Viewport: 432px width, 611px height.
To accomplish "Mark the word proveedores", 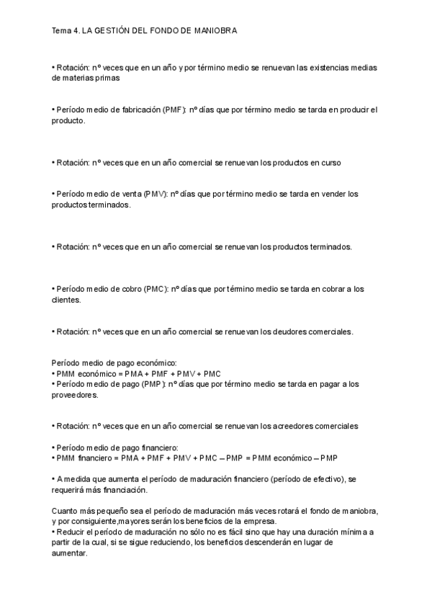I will [76, 394].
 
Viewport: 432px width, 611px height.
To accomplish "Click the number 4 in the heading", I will [76, 32].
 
